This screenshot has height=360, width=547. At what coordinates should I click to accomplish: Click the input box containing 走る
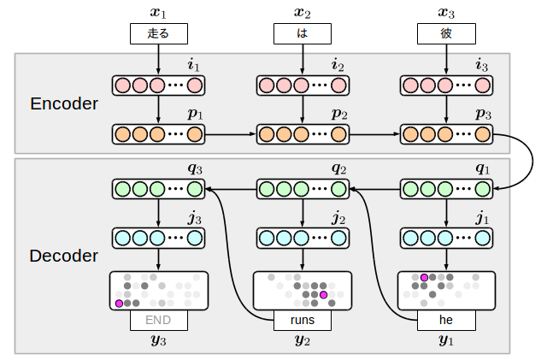pos(158,33)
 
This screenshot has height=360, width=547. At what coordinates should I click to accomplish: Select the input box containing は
pos(302,33)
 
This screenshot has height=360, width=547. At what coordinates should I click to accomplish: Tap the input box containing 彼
pos(446,33)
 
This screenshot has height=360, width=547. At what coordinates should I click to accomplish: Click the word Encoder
pos(64,105)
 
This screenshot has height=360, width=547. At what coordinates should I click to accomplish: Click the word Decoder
pos(64,256)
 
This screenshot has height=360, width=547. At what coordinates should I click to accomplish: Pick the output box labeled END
pos(158,321)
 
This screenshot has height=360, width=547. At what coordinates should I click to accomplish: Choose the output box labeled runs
pos(302,321)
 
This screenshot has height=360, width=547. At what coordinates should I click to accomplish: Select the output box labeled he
pos(446,321)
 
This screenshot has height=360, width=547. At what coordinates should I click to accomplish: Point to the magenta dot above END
pos(119,304)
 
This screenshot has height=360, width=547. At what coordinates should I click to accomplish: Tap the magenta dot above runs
pos(324,295)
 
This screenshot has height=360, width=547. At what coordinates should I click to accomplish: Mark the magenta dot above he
pos(424,277)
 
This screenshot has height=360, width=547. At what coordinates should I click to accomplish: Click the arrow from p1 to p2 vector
pos(231,134)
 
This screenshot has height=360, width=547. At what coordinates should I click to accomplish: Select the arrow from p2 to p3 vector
pos(374,134)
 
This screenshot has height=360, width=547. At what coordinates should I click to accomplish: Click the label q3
pos(196,170)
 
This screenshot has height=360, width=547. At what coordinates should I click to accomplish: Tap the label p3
pos(484,115)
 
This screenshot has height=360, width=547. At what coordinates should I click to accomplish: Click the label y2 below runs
pos(302,341)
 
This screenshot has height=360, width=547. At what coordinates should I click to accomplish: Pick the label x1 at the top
pos(158,12)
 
